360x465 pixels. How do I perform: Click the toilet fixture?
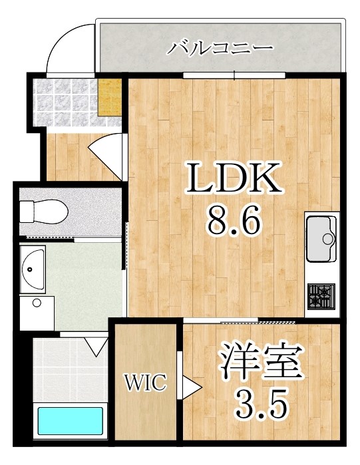tap(43, 212)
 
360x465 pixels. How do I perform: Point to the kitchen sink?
tap(321, 238)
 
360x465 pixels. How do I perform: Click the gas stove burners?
tap(321, 293)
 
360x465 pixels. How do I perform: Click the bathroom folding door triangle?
tap(96, 345)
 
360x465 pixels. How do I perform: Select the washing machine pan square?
tap(36, 311)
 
